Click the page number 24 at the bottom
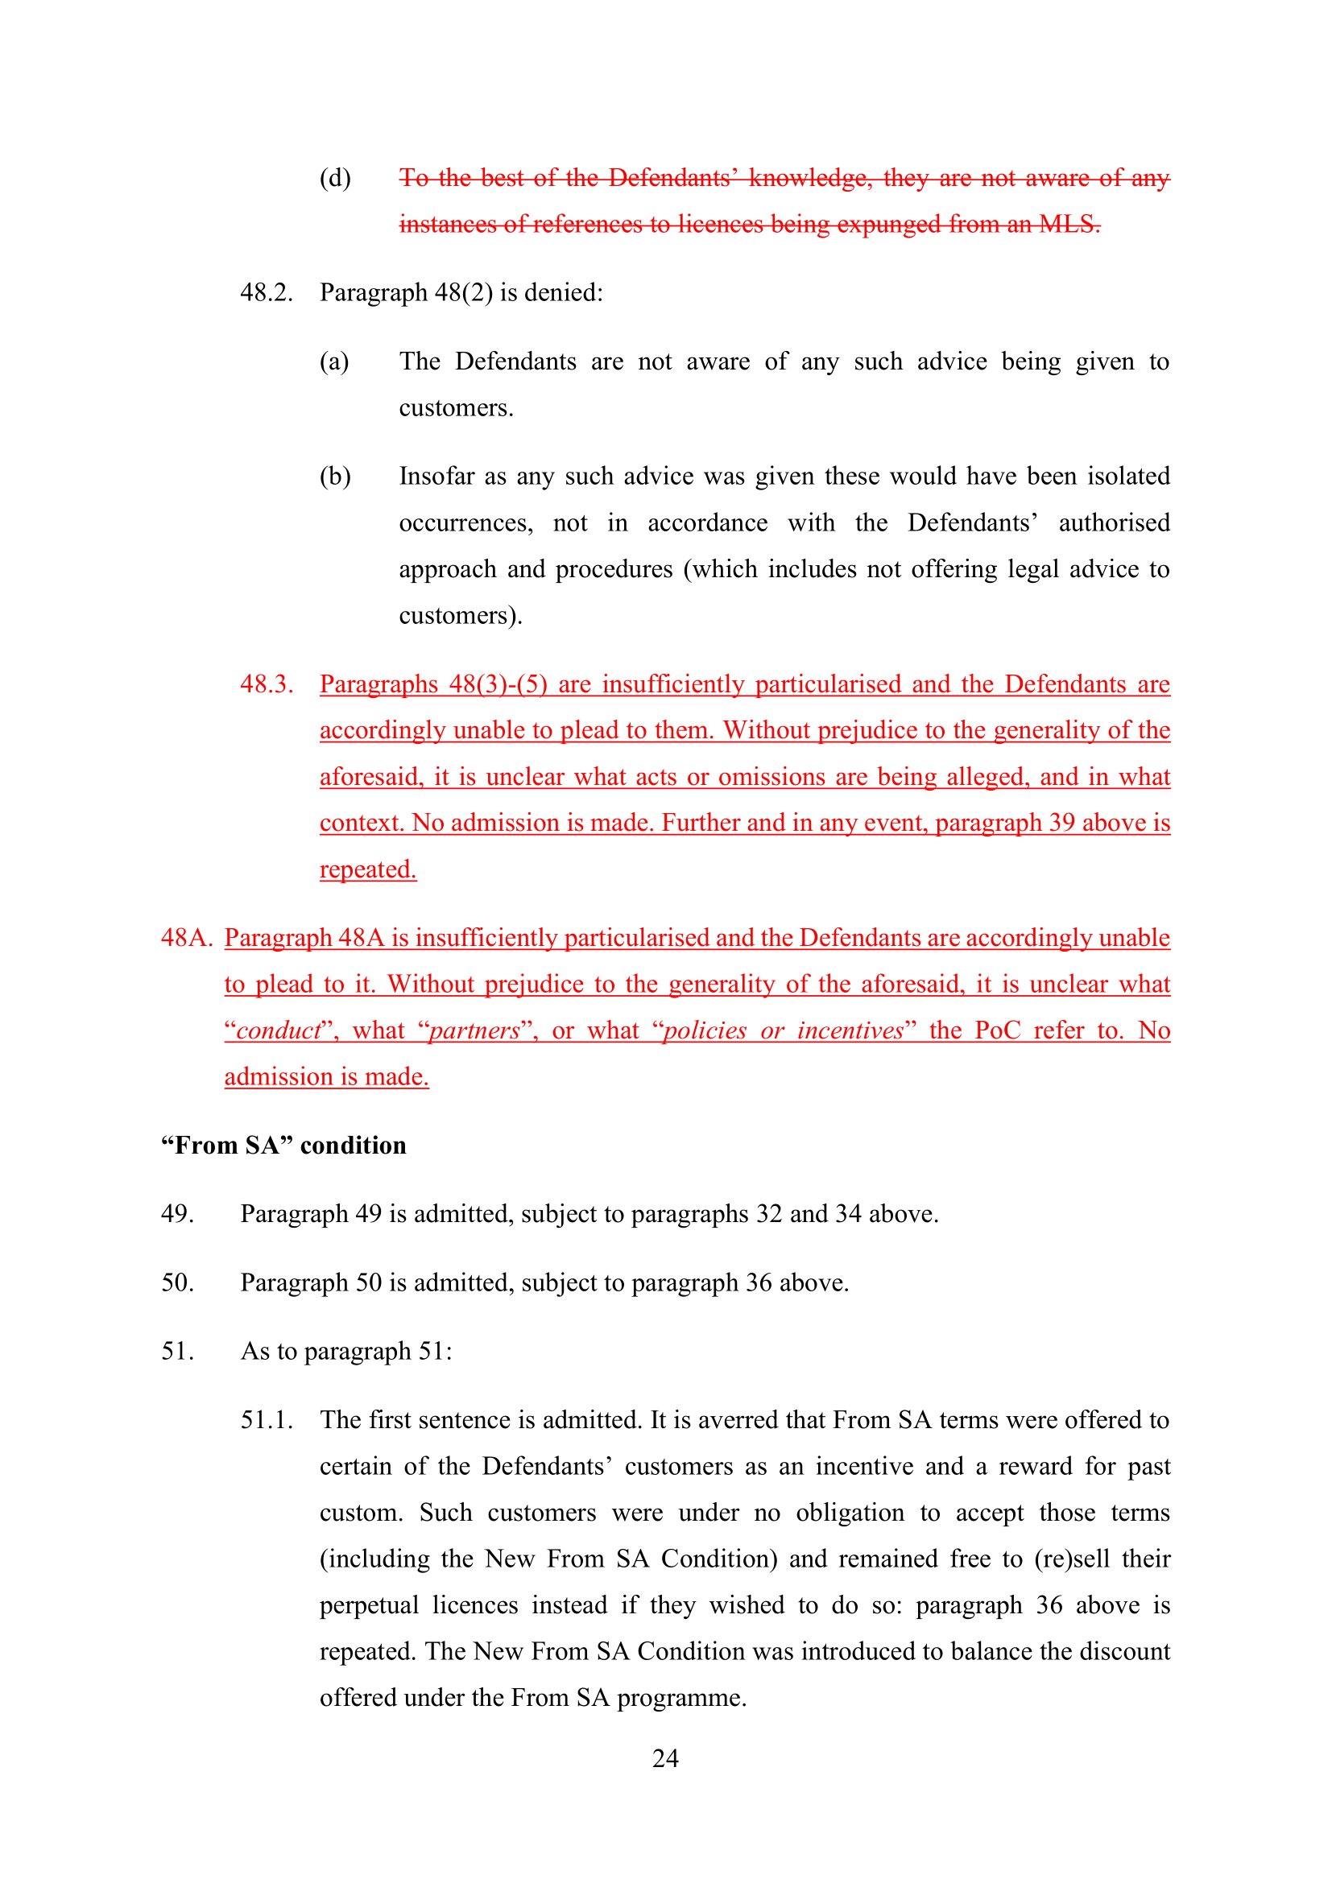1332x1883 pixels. (665, 1757)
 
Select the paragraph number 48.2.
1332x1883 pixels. (266, 293)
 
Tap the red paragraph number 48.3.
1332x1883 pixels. (266, 684)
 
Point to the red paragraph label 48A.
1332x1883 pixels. (186, 937)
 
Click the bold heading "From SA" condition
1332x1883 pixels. (283, 1145)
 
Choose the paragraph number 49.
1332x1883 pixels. (177, 1214)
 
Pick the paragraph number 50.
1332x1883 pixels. (177, 1282)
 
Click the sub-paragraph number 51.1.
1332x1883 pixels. (266, 1419)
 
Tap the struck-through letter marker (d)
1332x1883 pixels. (335, 178)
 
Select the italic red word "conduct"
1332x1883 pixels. (279, 1030)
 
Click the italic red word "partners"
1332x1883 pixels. (475, 1030)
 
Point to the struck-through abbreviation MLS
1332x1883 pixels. (1069, 224)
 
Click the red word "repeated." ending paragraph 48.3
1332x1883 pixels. (367, 869)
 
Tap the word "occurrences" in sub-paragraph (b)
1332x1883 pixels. (465, 523)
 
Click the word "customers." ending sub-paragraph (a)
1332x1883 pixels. (456, 408)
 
